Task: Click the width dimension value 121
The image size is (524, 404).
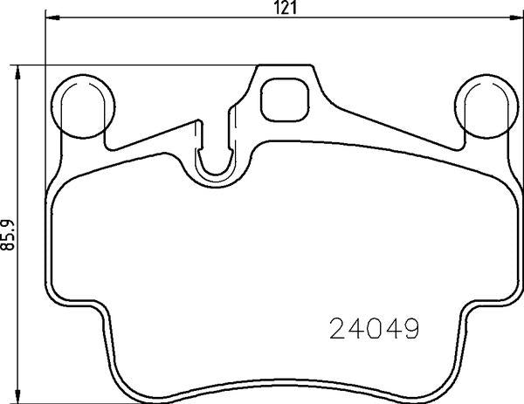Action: pos(286,7)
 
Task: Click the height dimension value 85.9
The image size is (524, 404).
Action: pos(9,235)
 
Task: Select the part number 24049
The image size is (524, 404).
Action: pos(374,328)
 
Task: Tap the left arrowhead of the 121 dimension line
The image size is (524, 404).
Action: pos(52,17)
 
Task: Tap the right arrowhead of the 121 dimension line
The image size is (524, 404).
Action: pos(517,17)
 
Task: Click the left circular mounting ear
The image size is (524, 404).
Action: pos(83,106)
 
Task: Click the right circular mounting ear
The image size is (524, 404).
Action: pos(486,106)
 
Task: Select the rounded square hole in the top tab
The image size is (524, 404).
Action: pos(285,99)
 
